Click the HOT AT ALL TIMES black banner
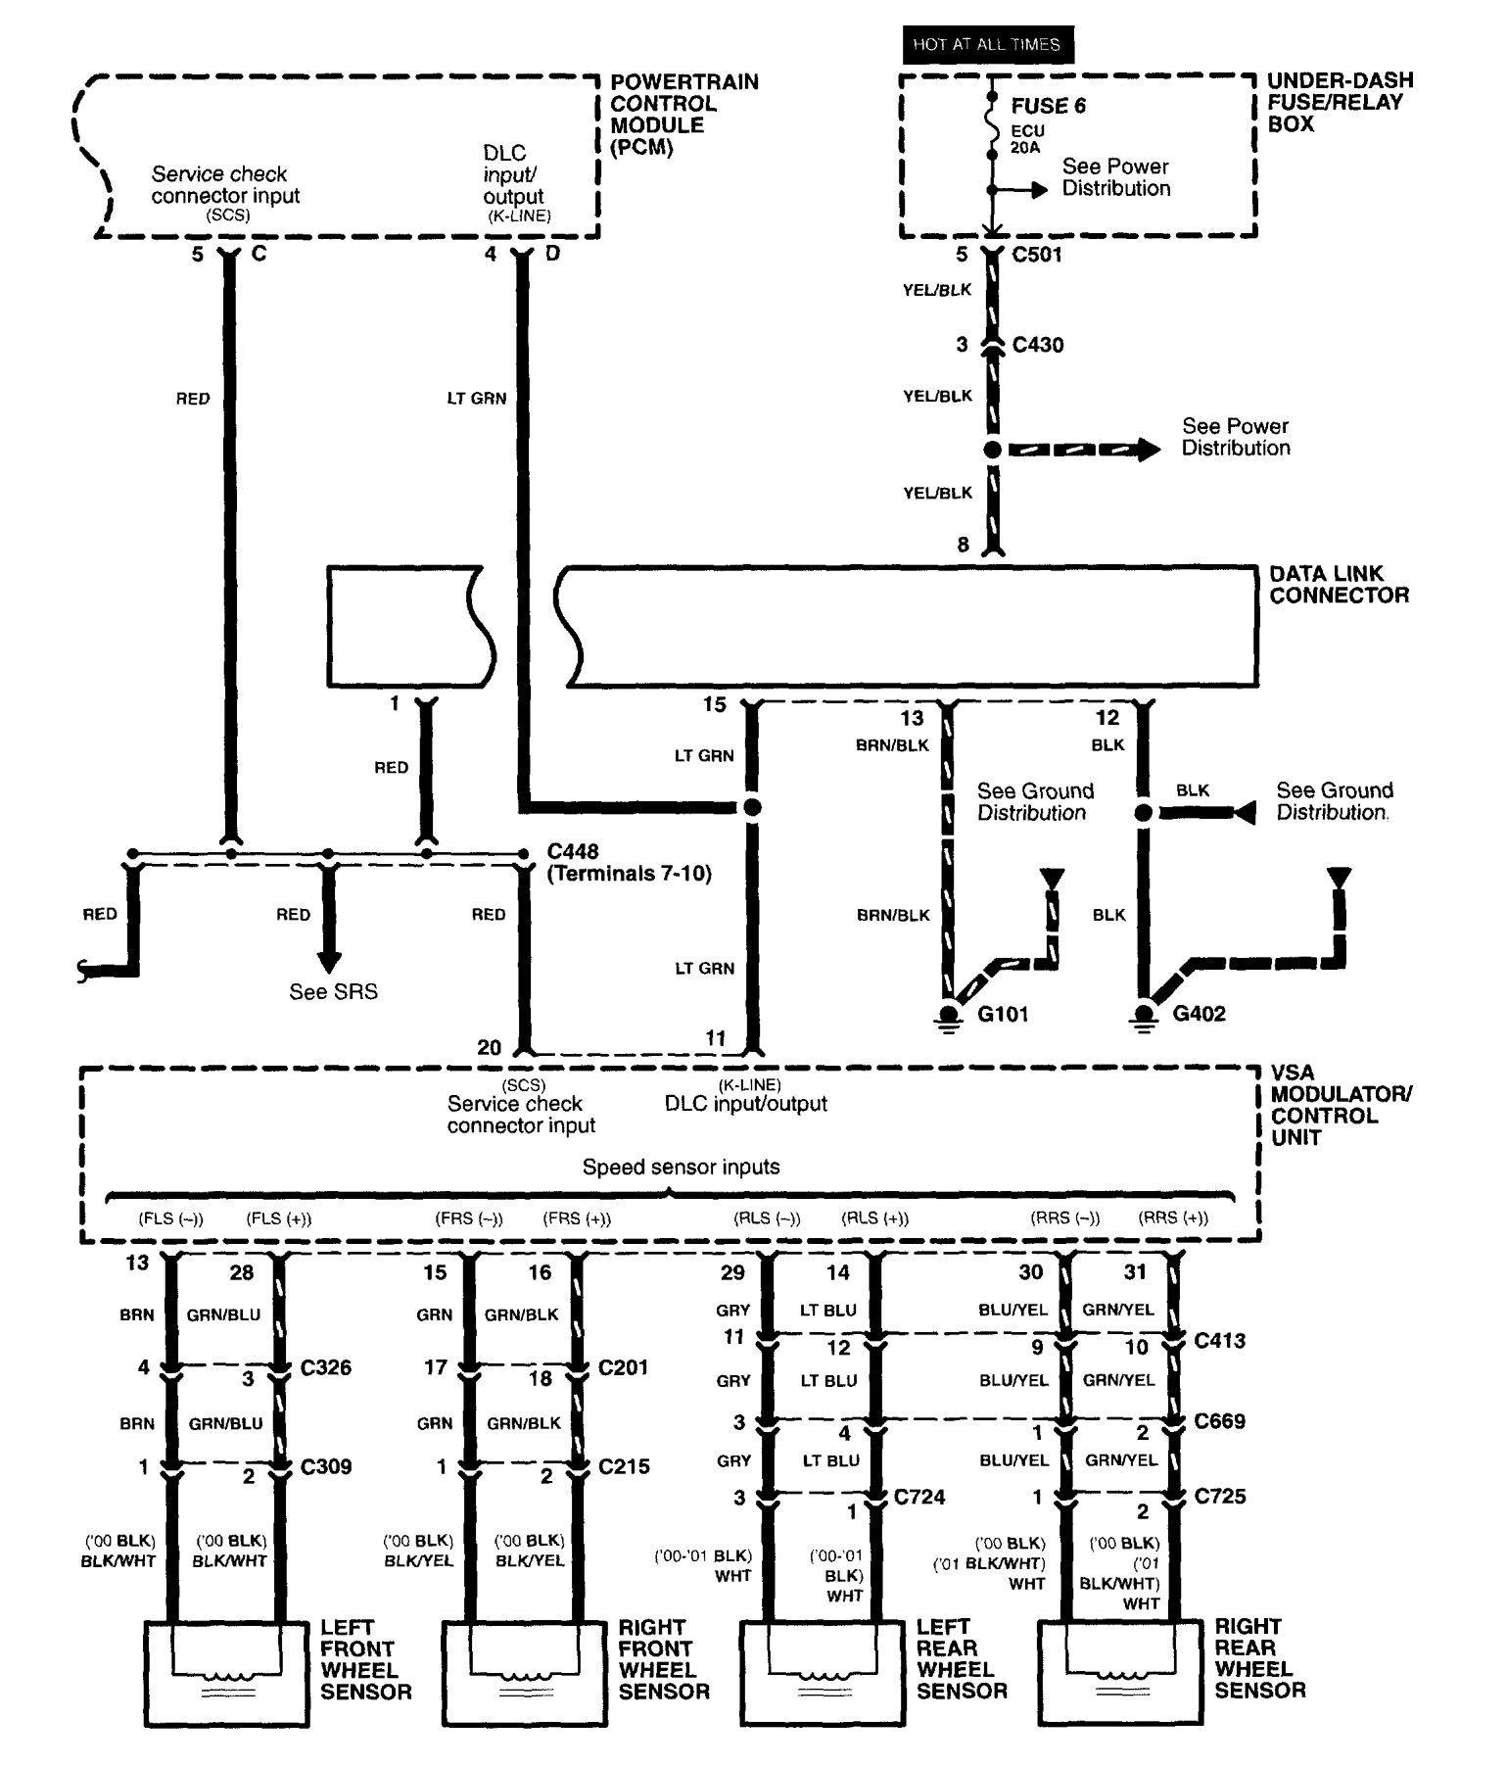tap(986, 44)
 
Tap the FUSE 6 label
tap(1048, 106)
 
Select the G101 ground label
tap(1003, 1014)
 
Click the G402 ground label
tap(1199, 1014)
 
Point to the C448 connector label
tap(573, 851)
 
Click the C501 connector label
tap(1036, 255)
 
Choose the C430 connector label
tap(1037, 345)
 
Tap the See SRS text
tap(333, 991)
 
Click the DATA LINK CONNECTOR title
tap(1339, 584)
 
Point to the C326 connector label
tap(325, 1367)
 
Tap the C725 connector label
tap(1220, 1497)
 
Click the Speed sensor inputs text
tap(681, 1167)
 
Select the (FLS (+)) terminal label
tap(278, 1218)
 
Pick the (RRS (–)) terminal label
tap(1064, 1218)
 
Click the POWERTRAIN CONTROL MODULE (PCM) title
tap(684, 115)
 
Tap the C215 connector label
tap(624, 1466)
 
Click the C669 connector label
tap(1220, 1421)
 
